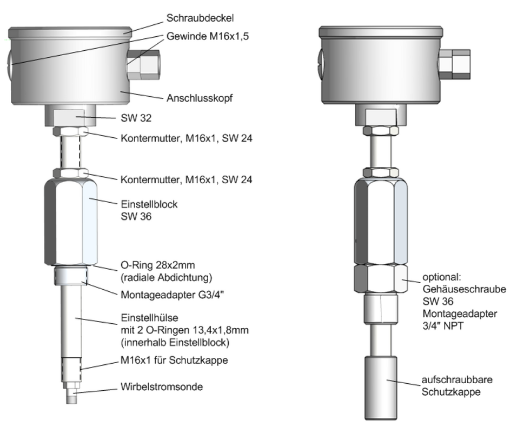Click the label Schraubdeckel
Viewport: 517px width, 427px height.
pos(200,18)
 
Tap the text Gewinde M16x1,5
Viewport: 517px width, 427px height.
pos(207,36)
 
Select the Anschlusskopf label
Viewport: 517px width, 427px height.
pos(200,98)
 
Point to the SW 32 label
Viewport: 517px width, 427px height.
pos(136,118)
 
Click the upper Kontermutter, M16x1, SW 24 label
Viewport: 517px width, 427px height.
pos(186,138)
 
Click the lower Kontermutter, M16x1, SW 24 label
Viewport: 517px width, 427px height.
pos(186,179)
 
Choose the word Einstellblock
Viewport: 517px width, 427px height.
pos(149,204)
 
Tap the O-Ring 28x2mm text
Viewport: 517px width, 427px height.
pos(157,265)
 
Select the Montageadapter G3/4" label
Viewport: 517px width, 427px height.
pos(173,294)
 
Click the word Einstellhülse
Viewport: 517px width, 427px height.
pos(149,318)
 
